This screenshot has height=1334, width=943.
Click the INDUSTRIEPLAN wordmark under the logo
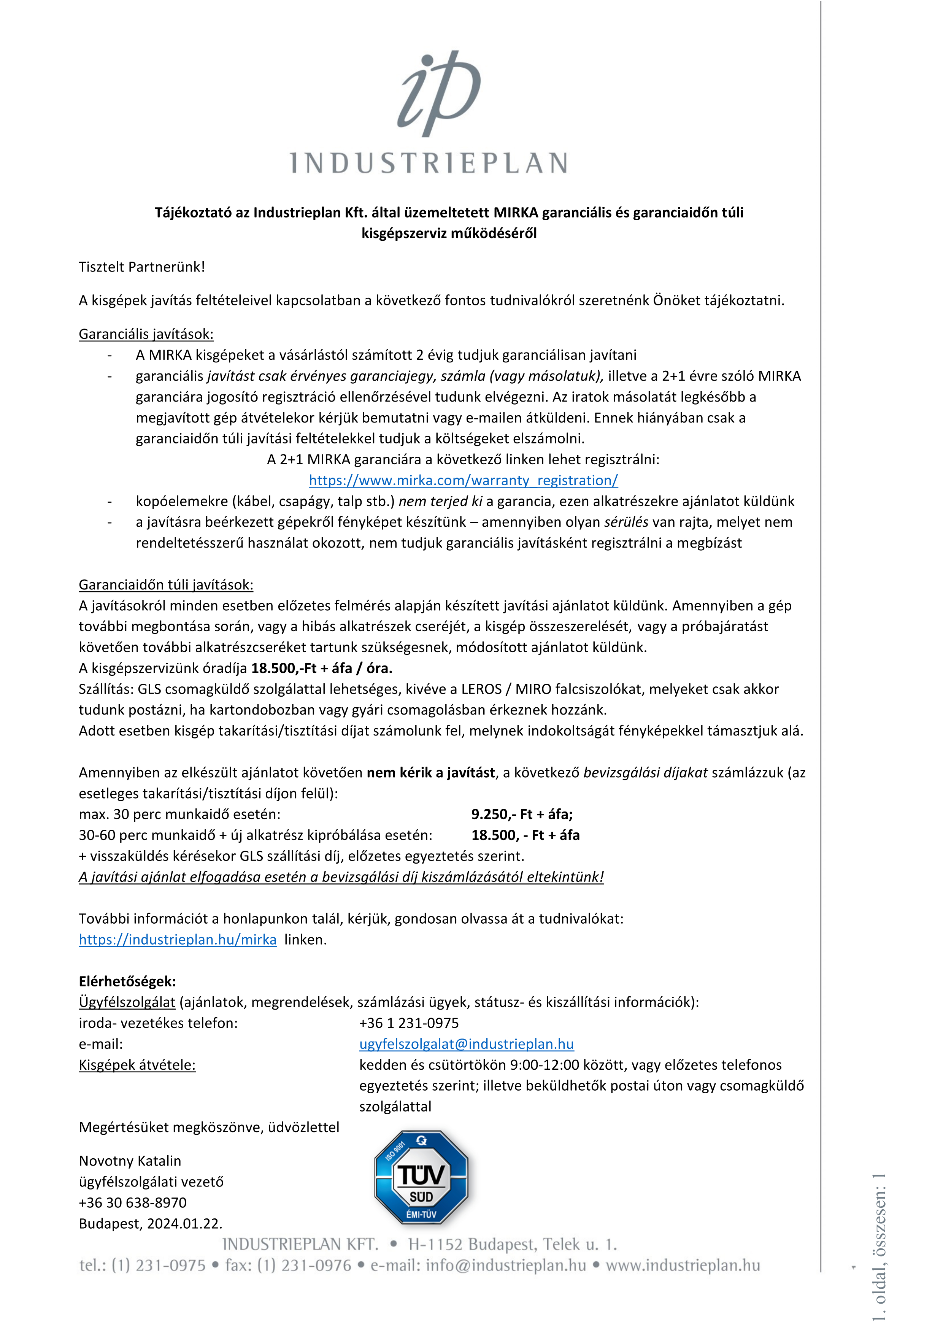coord(429,163)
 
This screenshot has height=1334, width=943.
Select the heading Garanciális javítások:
coord(146,334)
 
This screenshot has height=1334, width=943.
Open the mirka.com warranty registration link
coord(463,481)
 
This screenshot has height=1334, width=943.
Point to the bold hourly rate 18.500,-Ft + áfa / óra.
coord(321,668)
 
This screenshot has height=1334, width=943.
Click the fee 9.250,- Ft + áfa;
coord(522,814)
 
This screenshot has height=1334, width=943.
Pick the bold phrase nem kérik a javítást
coord(430,772)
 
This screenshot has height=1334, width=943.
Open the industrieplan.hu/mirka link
coord(177,940)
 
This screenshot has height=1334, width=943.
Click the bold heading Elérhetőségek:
coord(127,981)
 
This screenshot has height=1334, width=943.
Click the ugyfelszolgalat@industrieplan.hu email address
coord(466,1044)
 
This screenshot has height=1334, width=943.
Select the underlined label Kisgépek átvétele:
coord(137,1065)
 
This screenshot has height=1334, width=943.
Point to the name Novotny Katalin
coord(130,1161)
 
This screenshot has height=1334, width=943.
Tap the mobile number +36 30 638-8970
coord(132,1203)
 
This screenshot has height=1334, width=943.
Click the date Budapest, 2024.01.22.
coord(151,1224)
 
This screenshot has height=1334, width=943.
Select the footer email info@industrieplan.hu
coord(505,1266)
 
